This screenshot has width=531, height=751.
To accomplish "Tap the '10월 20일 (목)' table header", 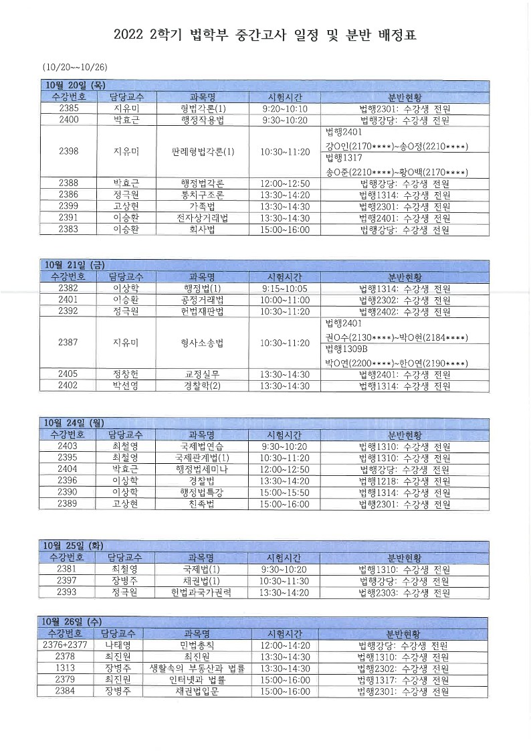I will (x=74, y=85).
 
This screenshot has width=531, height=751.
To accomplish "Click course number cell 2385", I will (x=69, y=108).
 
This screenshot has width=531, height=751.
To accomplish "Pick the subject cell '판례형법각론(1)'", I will (x=203, y=151).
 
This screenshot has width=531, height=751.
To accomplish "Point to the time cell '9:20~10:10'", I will (x=285, y=108).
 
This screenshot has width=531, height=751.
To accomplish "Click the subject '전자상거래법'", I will (x=203, y=218).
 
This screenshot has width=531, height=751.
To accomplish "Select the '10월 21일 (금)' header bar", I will (x=74, y=265).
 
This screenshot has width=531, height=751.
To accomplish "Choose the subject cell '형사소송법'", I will (x=203, y=343).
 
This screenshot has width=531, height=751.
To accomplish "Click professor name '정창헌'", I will (x=126, y=374).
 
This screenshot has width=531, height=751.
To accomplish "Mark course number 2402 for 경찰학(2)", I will (x=69, y=386).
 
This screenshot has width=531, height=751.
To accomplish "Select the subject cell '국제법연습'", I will (x=203, y=446).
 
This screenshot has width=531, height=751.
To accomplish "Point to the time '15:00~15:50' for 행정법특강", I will (x=285, y=492).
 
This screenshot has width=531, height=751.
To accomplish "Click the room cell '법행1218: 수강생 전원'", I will (x=404, y=481).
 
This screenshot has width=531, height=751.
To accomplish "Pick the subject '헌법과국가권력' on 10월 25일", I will (x=203, y=592).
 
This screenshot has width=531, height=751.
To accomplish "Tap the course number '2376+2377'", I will (x=65, y=645).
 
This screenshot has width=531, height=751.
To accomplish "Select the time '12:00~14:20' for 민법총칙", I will (x=285, y=645).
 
